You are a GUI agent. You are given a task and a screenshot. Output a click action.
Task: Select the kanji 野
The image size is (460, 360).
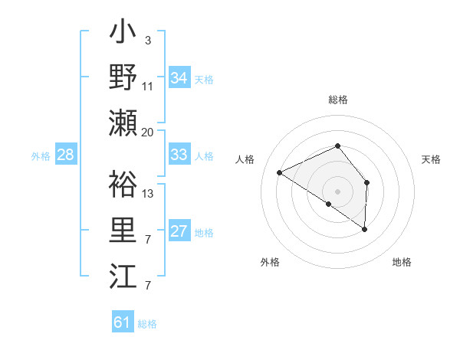pyautogui.click(x=123, y=77)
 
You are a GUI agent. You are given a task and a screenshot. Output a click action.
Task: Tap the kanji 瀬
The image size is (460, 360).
pyautogui.click(x=123, y=123)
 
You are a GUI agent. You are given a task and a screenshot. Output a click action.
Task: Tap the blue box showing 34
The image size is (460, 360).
pyautogui.click(x=179, y=78)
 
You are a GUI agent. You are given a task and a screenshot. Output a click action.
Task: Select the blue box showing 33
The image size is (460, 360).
pyautogui.click(x=179, y=155)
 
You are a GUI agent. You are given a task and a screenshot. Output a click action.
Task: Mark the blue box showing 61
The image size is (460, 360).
pyautogui.click(x=123, y=322)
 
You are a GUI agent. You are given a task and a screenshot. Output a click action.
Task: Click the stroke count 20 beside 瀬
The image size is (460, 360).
pyautogui.click(x=148, y=133)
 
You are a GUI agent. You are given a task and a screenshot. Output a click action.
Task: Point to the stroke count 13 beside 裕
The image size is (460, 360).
pyautogui.click(x=148, y=193)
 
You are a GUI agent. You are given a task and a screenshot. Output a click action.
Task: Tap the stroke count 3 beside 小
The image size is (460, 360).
pyautogui.click(x=148, y=40)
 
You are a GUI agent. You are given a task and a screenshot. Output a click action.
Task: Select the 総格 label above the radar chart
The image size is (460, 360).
pyautogui.click(x=338, y=100)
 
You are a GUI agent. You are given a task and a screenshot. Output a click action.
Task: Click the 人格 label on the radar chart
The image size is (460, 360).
pyautogui.click(x=245, y=159)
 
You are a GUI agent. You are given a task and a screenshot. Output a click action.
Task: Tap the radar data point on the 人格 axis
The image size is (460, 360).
pyautogui.click(x=280, y=173)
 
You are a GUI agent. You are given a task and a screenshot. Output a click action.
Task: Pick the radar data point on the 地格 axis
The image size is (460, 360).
pyautogui.click(x=365, y=229)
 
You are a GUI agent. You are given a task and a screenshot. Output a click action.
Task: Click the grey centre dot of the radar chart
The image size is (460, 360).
pyautogui.click(x=337, y=191)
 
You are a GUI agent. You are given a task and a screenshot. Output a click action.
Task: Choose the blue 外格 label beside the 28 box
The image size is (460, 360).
pyautogui.click(x=41, y=156)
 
